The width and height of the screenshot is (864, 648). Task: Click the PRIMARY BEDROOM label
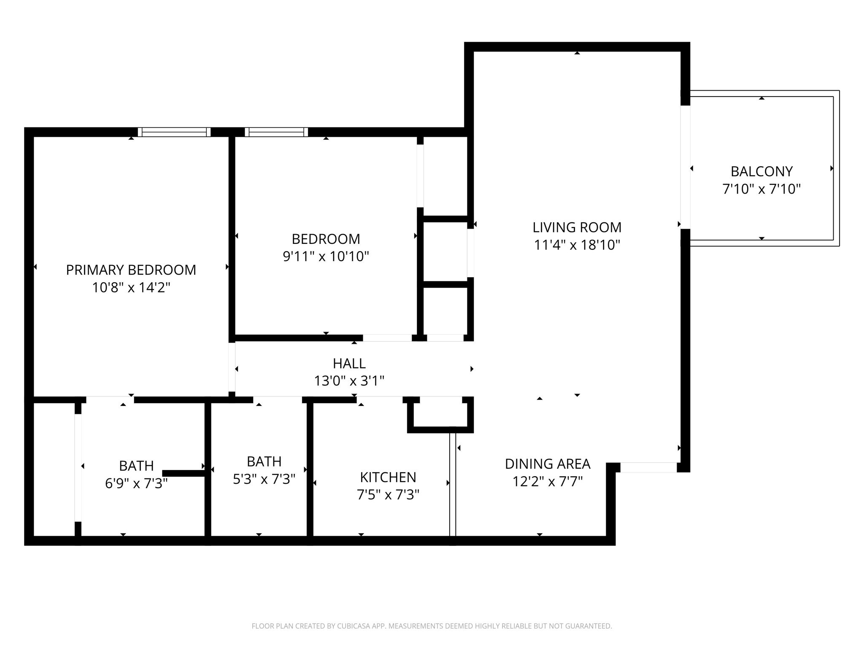[x=131, y=270]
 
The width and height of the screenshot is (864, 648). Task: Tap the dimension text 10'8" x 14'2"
[x=131, y=288]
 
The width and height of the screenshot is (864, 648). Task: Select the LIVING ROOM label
[x=577, y=227]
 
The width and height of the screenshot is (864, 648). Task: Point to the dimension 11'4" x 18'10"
[x=577, y=245]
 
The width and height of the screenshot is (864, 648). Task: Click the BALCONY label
[x=761, y=171]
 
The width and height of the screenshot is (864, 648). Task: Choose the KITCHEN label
[x=388, y=477]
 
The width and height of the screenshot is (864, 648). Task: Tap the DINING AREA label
[x=547, y=464]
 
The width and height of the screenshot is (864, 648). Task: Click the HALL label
[x=349, y=363]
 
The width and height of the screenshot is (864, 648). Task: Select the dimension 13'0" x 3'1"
[x=349, y=381]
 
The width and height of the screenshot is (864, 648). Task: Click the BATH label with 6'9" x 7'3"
[x=136, y=466]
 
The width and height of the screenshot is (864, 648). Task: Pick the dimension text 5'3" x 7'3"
[x=264, y=479]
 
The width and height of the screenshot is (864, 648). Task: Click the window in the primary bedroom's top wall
[x=174, y=132]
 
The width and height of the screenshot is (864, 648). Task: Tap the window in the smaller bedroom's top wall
[x=276, y=132]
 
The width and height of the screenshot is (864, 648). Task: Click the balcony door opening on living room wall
[x=685, y=167]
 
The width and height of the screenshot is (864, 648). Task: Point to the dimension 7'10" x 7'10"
[x=761, y=189]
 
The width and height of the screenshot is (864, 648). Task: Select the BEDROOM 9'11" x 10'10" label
[x=326, y=239]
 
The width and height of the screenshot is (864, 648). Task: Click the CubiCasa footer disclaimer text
[x=432, y=626]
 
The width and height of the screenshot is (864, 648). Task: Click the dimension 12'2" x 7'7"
[x=547, y=481]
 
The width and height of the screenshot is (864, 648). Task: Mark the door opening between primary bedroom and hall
[x=232, y=367]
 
